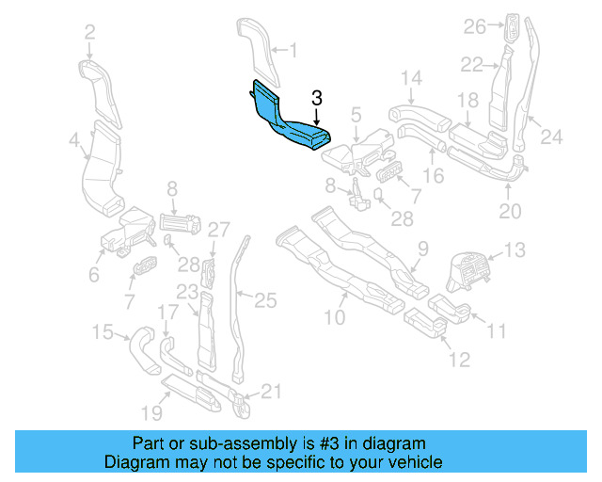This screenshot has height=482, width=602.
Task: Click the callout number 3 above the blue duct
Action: point(317,98)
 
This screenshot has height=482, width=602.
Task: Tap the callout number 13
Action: point(515,250)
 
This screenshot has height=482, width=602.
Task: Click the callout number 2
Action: point(89,33)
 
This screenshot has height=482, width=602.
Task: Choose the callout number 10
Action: point(335,317)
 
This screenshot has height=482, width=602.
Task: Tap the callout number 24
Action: point(551,137)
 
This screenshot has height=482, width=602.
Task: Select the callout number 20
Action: point(509,212)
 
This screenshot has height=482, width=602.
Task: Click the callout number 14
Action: point(412,77)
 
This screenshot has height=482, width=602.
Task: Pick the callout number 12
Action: point(458,360)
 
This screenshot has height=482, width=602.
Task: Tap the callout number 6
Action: point(94,275)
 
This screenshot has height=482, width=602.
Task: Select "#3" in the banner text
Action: point(310,442)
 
